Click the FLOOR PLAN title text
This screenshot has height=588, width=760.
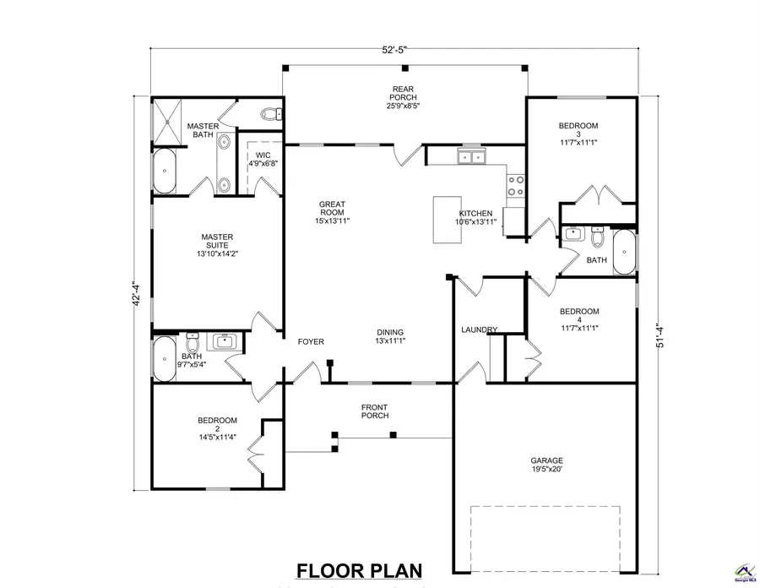pos(358,571)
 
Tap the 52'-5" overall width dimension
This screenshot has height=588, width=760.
pos(394,50)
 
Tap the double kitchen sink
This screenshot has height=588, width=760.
pos(471,156)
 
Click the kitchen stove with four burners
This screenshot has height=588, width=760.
pos(515,184)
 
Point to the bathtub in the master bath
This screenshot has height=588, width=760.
pos(165,171)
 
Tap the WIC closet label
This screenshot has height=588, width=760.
pos(263,159)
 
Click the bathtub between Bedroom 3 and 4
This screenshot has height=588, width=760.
pos(624,252)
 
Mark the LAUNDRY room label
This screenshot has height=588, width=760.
pos(479,329)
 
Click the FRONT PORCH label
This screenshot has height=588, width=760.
pos(374,411)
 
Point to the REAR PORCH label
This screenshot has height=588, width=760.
pos(403,97)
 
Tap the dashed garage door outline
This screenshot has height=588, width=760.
pos(545,539)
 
